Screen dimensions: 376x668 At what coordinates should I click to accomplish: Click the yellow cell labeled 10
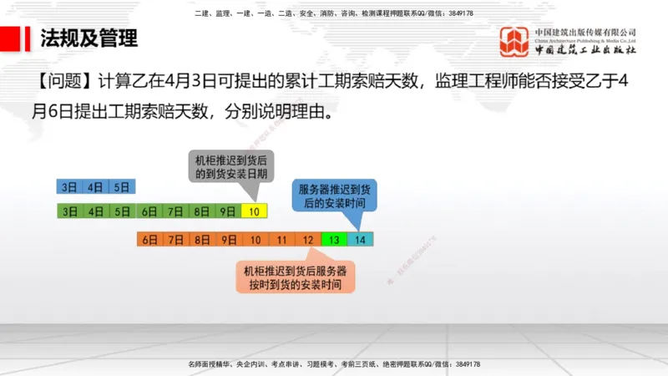tap(254, 211)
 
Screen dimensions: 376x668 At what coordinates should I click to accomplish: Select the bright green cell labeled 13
tap(333, 239)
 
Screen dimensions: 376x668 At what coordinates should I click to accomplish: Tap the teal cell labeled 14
tap(360, 239)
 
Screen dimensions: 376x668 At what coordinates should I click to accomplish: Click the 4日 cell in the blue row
tap(96, 186)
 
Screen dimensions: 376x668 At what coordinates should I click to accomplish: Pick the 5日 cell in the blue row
tap(123, 186)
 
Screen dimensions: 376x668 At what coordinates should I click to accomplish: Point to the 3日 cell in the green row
tap(69, 211)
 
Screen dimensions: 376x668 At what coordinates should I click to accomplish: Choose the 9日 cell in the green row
tap(227, 211)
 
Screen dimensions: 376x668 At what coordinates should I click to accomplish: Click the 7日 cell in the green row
tap(175, 211)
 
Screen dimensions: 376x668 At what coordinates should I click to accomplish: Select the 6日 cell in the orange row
tap(149, 239)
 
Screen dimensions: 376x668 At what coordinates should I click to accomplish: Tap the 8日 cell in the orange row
tap(201, 239)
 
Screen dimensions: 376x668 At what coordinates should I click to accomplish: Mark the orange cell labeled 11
tap(281, 239)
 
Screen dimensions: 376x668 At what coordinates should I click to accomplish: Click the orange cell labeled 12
tap(308, 239)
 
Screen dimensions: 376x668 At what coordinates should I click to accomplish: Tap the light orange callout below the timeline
tap(296, 277)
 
